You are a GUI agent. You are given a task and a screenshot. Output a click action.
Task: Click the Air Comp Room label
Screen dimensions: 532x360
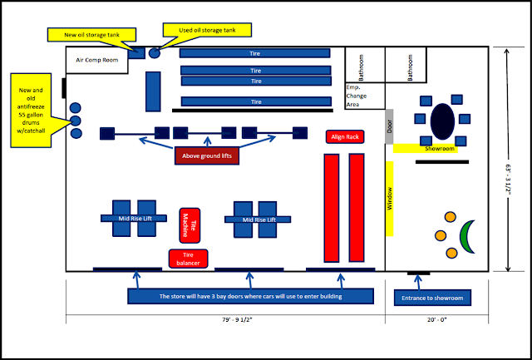tap(97, 60)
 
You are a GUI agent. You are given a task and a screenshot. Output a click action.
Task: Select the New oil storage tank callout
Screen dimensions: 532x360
tap(92, 35)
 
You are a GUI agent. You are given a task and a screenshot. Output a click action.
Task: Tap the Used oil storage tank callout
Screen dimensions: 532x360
tap(207, 30)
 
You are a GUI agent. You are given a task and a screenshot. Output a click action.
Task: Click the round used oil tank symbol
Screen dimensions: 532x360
tap(155, 53)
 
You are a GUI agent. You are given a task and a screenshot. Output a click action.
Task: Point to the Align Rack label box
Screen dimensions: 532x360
tap(345, 136)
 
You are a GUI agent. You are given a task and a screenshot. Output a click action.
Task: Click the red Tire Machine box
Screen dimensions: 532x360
tap(190, 225)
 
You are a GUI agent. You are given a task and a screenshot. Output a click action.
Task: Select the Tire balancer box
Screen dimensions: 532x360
tap(189, 259)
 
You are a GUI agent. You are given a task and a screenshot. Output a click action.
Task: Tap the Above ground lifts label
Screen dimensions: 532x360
tap(207, 156)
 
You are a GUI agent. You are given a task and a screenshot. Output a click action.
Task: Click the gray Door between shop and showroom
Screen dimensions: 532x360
tap(389, 126)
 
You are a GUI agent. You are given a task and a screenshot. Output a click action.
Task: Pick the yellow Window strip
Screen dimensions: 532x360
tap(389, 199)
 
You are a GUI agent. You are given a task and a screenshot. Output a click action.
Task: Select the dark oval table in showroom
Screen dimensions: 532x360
tap(442, 121)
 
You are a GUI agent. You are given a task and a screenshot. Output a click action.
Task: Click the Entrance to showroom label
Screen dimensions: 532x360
tap(432, 298)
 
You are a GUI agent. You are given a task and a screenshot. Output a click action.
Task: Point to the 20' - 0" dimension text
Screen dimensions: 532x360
tap(437, 319)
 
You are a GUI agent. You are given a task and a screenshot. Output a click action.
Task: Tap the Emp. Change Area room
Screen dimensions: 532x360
tap(365, 96)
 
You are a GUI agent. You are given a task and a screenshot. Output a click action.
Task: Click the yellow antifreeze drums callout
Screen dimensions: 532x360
tap(31, 111)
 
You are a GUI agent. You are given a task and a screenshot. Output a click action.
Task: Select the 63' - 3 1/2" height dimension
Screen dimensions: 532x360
tap(508, 180)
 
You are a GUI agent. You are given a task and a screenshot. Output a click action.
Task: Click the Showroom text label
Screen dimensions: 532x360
tap(440, 149)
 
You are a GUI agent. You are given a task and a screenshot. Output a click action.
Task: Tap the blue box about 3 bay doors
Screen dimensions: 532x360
tap(251, 296)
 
